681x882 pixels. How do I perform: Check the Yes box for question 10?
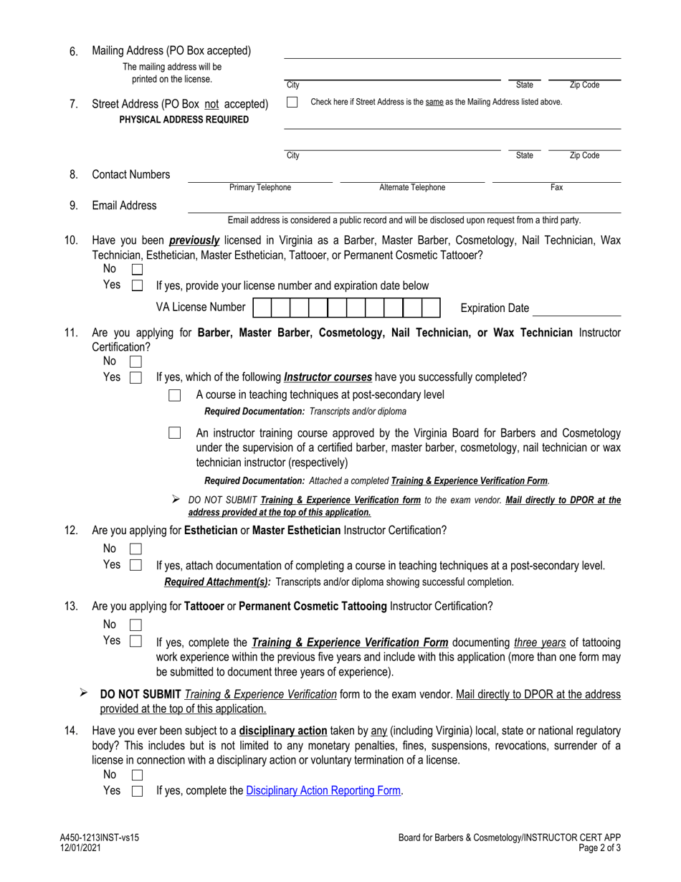coord(138,285)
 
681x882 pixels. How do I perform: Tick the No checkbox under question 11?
coord(135,362)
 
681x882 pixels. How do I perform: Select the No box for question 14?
coord(138,776)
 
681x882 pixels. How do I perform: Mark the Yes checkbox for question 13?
coord(136,641)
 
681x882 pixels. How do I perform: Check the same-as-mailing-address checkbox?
coord(292,103)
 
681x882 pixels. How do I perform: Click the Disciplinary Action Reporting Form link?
coord(323,791)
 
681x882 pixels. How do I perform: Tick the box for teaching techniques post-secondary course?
coord(174,396)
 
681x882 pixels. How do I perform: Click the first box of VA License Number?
coord(262,308)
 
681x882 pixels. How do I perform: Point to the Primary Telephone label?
coord(260,188)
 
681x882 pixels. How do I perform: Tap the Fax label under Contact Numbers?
coord(556,188)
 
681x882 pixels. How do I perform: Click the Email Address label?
coord(124,206)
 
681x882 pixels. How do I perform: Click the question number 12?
coord(71,531)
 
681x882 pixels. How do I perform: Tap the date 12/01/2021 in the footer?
coord(80,848)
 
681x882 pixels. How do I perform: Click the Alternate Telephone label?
coord(411,188)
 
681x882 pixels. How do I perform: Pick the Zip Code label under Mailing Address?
coord(584,85)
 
